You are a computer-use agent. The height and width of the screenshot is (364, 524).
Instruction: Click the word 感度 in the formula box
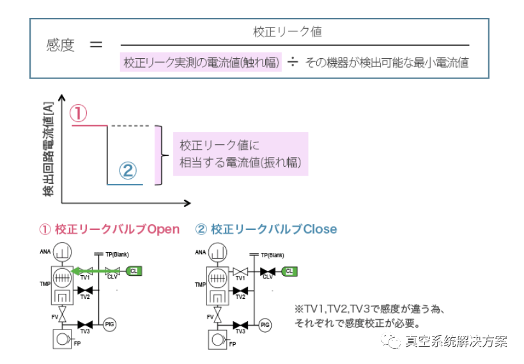[x=61, y=45]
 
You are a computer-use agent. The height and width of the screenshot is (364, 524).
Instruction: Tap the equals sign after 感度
[x=96, y=45]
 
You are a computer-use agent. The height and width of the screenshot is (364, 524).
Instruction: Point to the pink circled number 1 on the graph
[x=77, y=114]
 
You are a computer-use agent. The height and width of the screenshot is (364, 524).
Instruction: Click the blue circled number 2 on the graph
[x=128, y=171]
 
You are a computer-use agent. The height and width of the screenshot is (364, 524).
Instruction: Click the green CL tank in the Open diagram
[x=134, y=271]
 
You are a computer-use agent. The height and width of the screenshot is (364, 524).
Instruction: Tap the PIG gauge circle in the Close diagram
[x=265, y=325]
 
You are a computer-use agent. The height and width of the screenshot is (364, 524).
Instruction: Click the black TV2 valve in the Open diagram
[x=84, y=291]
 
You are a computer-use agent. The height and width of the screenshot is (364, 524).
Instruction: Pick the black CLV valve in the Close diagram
[x=268, y=272]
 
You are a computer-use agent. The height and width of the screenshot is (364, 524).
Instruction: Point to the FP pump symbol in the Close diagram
[x=219, y=339]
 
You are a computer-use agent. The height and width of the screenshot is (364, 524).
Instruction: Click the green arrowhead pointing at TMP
[x=76, y=271]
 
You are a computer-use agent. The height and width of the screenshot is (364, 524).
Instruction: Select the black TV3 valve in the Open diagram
[x=84, y=325]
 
